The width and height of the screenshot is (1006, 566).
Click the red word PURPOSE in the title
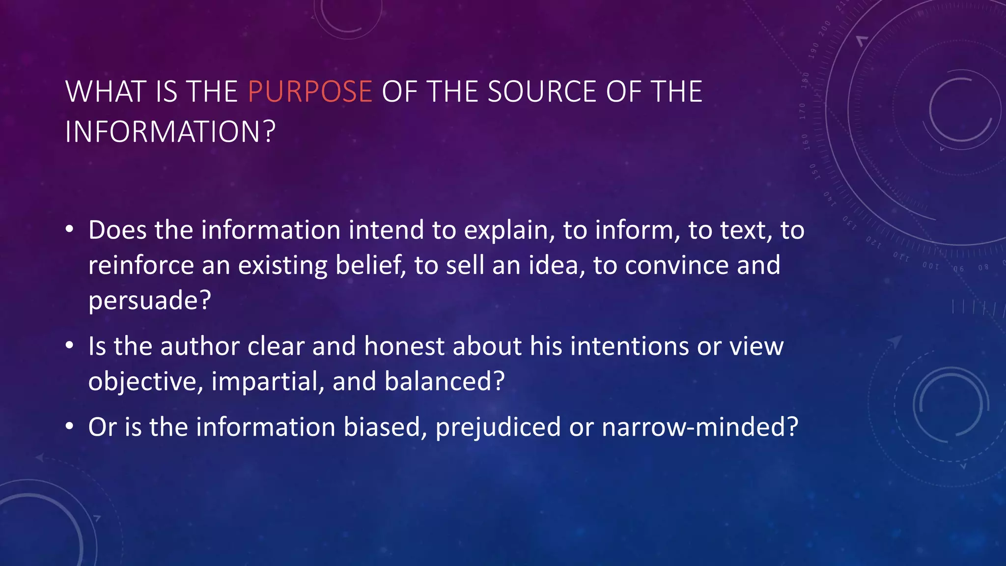pos(310,92)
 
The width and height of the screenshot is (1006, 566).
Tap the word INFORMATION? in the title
pos(170,132)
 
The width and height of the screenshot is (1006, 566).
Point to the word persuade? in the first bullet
pos(149,300)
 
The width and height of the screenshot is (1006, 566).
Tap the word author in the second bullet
pos(199,346)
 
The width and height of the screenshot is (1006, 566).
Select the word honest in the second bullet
pos(404,346)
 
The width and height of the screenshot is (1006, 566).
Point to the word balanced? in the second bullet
pos(445,381)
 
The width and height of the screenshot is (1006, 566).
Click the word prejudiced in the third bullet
pos(498,427)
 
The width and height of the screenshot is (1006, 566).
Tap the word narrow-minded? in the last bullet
pos(700,427)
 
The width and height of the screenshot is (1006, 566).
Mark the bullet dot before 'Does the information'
pos(70,229)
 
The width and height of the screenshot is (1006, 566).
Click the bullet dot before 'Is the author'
pos(70,346)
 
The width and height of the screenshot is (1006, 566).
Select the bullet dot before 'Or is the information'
pos(70,426)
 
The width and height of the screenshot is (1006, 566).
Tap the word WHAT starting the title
pos(106,92)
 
